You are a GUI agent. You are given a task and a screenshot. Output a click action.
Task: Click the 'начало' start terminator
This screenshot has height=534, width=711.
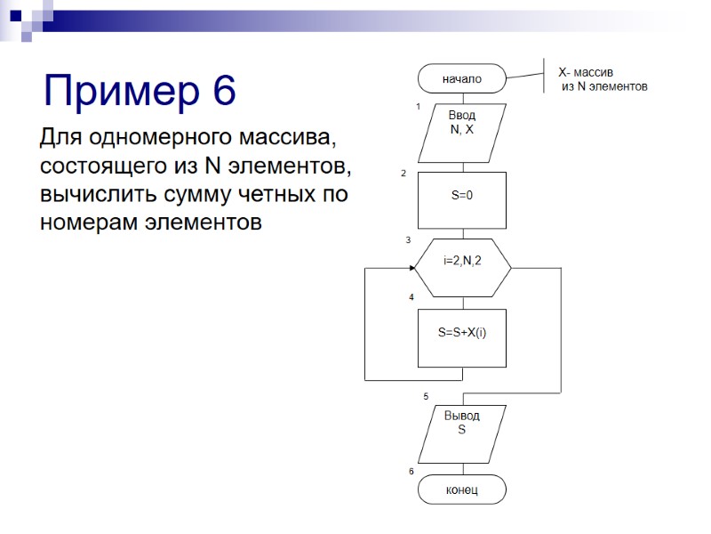pyautogui.click(x=462, y=78)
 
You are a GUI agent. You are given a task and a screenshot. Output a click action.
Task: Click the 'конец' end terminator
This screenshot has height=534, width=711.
pyautogui.click(x=462, y=489)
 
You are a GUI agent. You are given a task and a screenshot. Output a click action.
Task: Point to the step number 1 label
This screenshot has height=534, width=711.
pyautogui.click(x=418, y=106)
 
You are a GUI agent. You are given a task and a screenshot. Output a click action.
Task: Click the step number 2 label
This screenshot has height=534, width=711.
pyautogui.click(x=403, y=174)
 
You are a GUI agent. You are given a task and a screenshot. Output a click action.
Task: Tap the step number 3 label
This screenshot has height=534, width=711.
pyautogui.click(x=408, y=240)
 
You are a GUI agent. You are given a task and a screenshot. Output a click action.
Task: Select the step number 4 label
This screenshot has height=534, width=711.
pyautogui.click(x=411, y=297)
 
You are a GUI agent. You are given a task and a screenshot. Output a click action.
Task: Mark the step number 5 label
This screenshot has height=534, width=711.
pyautogui.click(x=426, y=396)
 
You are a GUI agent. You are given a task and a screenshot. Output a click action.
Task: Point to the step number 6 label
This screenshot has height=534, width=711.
pyautogui.click(x=411, y=471)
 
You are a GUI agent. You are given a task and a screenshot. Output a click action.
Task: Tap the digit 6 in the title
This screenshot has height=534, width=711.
pyautogui.click(x=224, y=91)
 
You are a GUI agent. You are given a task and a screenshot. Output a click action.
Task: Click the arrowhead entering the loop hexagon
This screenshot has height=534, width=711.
pyautogui.click(x=416, y=268)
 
